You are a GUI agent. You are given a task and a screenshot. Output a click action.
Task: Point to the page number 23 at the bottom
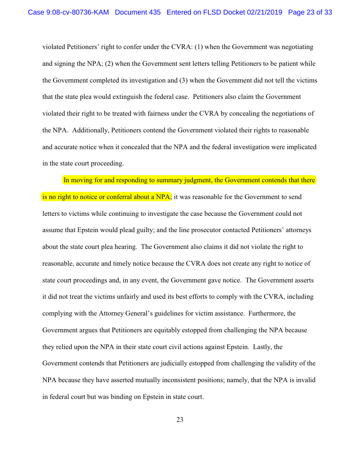(180, 420)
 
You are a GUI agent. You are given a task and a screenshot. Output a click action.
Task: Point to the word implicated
(301, 147)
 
